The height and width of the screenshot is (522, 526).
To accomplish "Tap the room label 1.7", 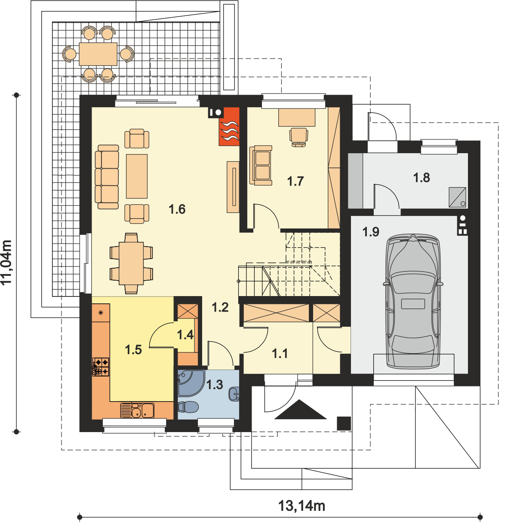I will tap(295, 181).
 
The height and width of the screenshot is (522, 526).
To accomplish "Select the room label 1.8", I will tap(421, 177).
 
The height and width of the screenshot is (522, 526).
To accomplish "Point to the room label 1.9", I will tap(370, 232).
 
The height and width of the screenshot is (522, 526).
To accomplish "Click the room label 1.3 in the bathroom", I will tap(214, 384).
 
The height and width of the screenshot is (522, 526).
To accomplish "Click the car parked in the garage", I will tap(413, 301).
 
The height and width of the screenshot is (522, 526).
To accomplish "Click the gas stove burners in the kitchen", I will tap(101, 367).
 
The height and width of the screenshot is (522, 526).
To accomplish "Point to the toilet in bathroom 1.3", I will tap(188, 406).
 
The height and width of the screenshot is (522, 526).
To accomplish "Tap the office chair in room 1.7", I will tap(299, 136).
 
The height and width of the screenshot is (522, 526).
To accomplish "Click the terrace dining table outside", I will tap(98, 53).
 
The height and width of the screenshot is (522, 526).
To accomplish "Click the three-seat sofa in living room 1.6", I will tap(107, 177).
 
